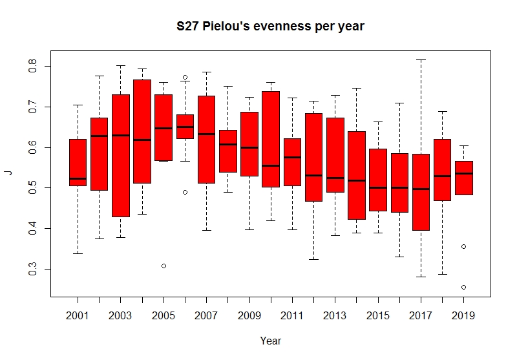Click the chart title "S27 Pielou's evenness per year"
point(271,27)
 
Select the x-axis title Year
point(271,341)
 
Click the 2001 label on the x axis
point(78,316)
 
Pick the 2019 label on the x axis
point(464,316)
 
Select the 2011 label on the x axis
point(292,316)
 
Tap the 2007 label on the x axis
point(206,316)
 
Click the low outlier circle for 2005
point(164,266)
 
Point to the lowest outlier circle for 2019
point(464,287)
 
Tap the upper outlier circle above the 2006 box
point(185,77)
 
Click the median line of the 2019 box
point(464,173)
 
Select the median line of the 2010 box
point(271,165)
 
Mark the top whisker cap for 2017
point(421,59)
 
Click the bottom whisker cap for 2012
point(313,259)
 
